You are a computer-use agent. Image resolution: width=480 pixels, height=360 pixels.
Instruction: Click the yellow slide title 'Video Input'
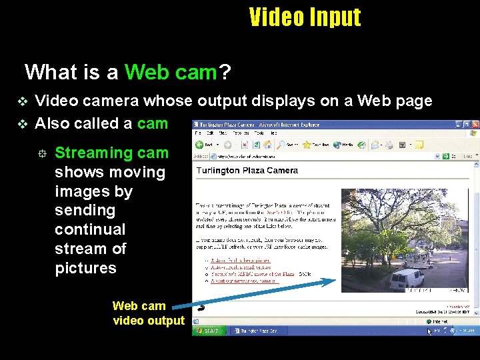click(305, 17)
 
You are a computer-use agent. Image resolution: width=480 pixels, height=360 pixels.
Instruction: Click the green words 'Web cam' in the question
click(171, 71)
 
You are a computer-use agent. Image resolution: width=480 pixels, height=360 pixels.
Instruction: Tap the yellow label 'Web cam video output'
click(148, 313)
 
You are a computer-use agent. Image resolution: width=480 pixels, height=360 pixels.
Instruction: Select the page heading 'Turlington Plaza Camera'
click(247, 171)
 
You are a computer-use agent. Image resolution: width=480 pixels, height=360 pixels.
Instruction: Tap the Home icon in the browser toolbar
click(265, 145)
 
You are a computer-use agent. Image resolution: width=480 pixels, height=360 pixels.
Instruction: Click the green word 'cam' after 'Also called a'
click(153, 123)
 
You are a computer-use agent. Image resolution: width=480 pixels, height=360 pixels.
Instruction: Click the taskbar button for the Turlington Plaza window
click(255, 331)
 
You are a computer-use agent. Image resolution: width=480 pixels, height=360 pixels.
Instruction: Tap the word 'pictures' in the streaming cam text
click(85, 268)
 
